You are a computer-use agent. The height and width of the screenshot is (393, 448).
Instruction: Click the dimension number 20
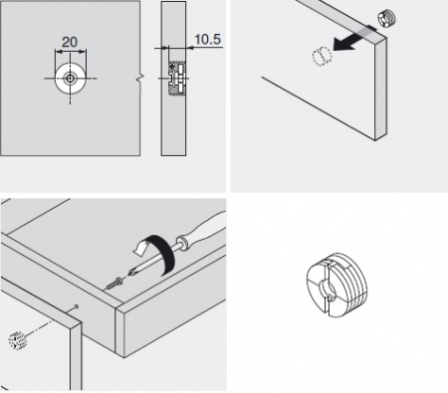[70, 42]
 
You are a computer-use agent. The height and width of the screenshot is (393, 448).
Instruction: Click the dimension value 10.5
[207, 39]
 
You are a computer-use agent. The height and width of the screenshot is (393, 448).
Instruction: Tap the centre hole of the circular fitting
[70, 79]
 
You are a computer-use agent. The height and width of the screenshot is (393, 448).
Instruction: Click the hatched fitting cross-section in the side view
[176, 79]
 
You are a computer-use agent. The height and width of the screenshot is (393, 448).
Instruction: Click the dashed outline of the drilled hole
[322, 56]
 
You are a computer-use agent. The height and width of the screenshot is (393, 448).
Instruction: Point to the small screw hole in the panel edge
[77, 306]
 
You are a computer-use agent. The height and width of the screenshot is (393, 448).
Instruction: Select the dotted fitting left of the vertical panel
[17, 340]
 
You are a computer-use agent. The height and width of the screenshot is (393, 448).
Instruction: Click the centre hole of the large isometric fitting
[327, 289]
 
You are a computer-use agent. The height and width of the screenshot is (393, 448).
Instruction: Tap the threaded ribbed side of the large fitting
[351, 285]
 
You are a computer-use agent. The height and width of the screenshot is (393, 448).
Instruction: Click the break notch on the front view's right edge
[140, 79]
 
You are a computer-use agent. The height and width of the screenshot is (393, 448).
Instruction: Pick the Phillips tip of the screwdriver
[132, 273]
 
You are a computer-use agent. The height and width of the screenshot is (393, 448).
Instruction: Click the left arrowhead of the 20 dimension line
[59, 52]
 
